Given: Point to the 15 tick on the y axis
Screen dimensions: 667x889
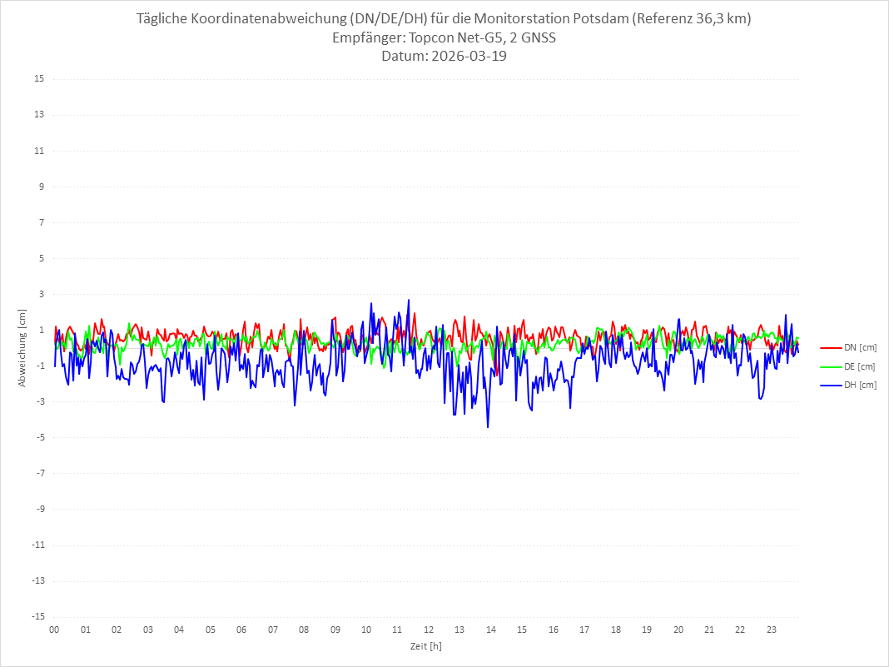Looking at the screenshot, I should (39, 79).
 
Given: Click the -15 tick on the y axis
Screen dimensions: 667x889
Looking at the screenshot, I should (37, 616).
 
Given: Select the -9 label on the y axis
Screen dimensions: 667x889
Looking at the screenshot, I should (39, 509).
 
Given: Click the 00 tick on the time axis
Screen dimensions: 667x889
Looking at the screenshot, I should (54, 630).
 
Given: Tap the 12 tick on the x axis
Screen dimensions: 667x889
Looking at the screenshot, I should (429, 630).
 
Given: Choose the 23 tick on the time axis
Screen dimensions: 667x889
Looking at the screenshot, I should (772, 630).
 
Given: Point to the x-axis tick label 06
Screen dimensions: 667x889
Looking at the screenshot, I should (241, 630).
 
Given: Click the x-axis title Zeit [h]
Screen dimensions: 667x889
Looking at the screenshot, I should (425, 645).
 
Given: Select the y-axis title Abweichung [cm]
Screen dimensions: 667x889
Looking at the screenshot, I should (22, 347).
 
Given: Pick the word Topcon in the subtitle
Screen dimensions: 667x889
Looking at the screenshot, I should (425, 38).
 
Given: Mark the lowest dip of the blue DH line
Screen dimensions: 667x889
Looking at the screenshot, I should (488, 427).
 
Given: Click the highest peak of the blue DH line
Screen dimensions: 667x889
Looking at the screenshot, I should (409, 300).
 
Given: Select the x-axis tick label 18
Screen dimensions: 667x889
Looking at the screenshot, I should (616, 630).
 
